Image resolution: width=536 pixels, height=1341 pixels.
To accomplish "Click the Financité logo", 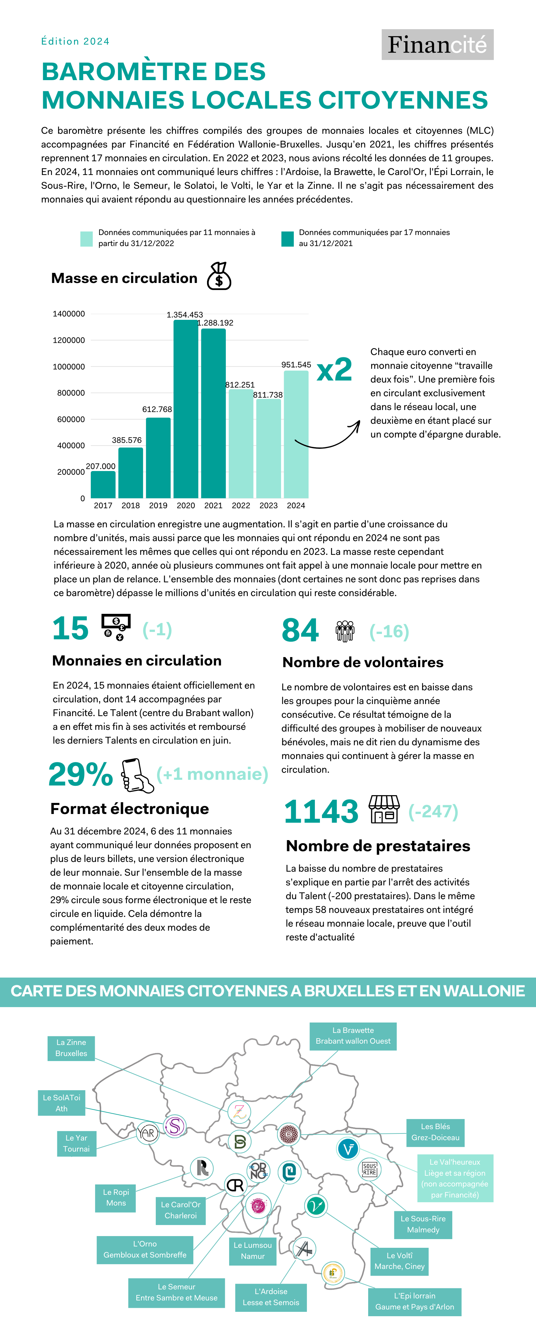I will pos(437,45).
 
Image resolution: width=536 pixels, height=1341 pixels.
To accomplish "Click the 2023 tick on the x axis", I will pos(269,506).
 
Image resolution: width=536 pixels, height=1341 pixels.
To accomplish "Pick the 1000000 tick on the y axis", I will pos(69,366).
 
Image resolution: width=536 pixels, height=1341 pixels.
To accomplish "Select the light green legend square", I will pos(86,238).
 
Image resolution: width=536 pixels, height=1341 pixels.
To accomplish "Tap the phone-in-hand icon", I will pos(136,775).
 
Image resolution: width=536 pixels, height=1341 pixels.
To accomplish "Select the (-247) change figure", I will pos(433,811).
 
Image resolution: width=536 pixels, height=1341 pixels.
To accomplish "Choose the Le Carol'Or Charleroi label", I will pos(181,1210).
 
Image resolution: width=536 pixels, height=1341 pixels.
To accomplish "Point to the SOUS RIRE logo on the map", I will pos(370,1169).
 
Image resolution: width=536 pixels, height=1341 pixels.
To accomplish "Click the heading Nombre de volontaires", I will pos(363,662).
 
